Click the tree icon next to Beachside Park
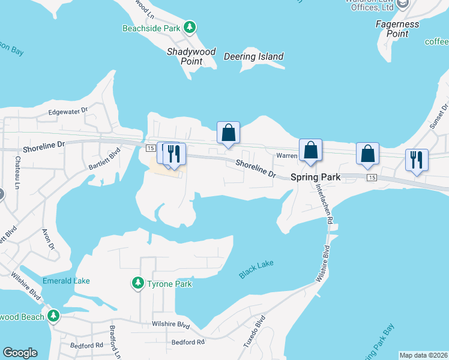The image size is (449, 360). (x=190, y=27)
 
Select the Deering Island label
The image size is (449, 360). (x=253, y=56)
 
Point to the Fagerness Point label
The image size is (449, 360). (x=400, y=29)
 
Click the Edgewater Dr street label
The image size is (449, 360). (x=68, y=111)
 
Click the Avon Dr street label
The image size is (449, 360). (x=49, y=238)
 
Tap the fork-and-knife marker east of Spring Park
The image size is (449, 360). (x=417, y=160)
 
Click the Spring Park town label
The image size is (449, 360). (x=316, y=178)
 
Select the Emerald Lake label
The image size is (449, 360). (x=66, y=280)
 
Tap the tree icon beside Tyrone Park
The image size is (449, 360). (x=138, y=283)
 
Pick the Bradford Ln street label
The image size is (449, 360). (x=114, y=343)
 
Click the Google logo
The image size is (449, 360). (x=20, y=353)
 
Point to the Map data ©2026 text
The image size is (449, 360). (x=423, y=355)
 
